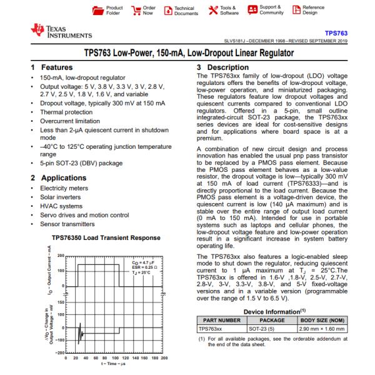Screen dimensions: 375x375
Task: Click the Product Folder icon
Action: (96, 10)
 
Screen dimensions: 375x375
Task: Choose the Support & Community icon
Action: (252, 10)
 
